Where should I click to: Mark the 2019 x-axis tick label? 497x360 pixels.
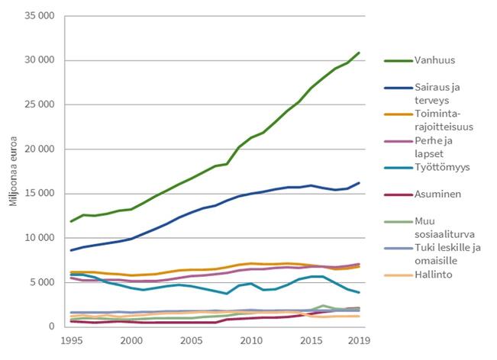(x=359, y=339)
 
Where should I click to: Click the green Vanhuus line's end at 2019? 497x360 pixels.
(x=359, y=53)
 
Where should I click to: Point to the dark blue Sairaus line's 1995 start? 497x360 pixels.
(x=71, y=250)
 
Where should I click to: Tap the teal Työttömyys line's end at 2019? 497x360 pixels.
(x=359, y=293)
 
